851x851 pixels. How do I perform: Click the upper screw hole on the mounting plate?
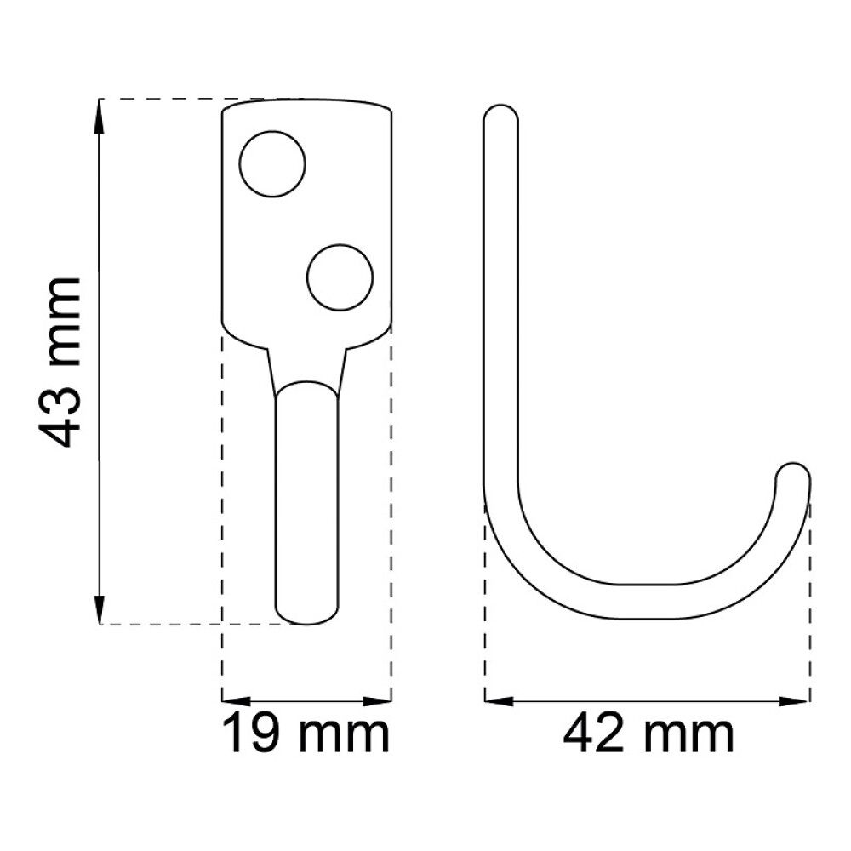tap(272, 164)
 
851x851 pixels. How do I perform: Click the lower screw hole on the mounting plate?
tap(340, 277)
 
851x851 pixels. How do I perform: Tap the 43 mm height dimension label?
tap(61, 362)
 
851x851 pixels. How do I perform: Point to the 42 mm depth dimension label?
tap(648, 734)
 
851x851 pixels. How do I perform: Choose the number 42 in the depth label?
tap(593, 734)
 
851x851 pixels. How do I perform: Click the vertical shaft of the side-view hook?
tap(501, 298)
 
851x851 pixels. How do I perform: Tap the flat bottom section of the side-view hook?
tap(647, 602)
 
